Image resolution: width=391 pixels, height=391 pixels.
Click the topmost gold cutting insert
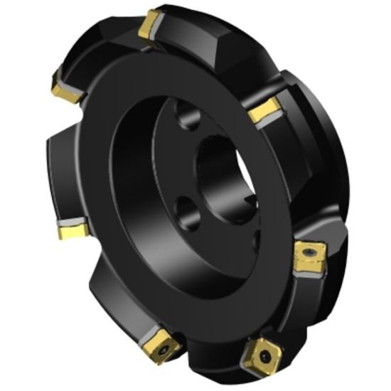coord(151,26)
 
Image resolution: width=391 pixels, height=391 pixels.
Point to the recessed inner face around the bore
coord(171,171)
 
